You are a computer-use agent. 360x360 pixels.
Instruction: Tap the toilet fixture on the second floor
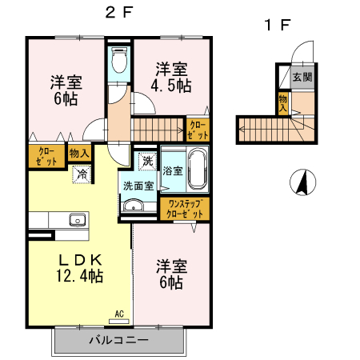pyautogui.click(x=119, y=60)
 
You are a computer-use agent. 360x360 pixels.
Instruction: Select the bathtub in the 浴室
pyautogui.click(x=197, y=169)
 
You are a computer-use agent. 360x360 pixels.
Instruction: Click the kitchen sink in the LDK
pyautogui.click(x=77, y=220)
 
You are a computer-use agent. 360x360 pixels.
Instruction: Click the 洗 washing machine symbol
pyautogui.click(x=147, y=161)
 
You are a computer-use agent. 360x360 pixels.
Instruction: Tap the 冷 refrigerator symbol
pyautogui.click(x=82, y=173)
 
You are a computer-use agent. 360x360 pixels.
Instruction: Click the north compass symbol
pyautogui.click(x=302, y=183)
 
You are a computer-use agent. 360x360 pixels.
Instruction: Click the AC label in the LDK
pyautogui.click(x=118, y=314)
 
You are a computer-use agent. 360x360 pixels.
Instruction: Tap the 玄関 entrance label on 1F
pyautogui.click(x=302, y=78)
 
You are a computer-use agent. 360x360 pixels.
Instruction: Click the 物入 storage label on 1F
pyautogui.click(x=283, y=102)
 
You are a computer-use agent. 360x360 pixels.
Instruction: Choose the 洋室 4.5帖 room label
pyautogui.click(x=171, y=75)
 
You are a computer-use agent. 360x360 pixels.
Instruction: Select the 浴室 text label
pyautogui.click(x=172, y=170)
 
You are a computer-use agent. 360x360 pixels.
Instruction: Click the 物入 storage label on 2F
pyautogui.click(x=78, y=152)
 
